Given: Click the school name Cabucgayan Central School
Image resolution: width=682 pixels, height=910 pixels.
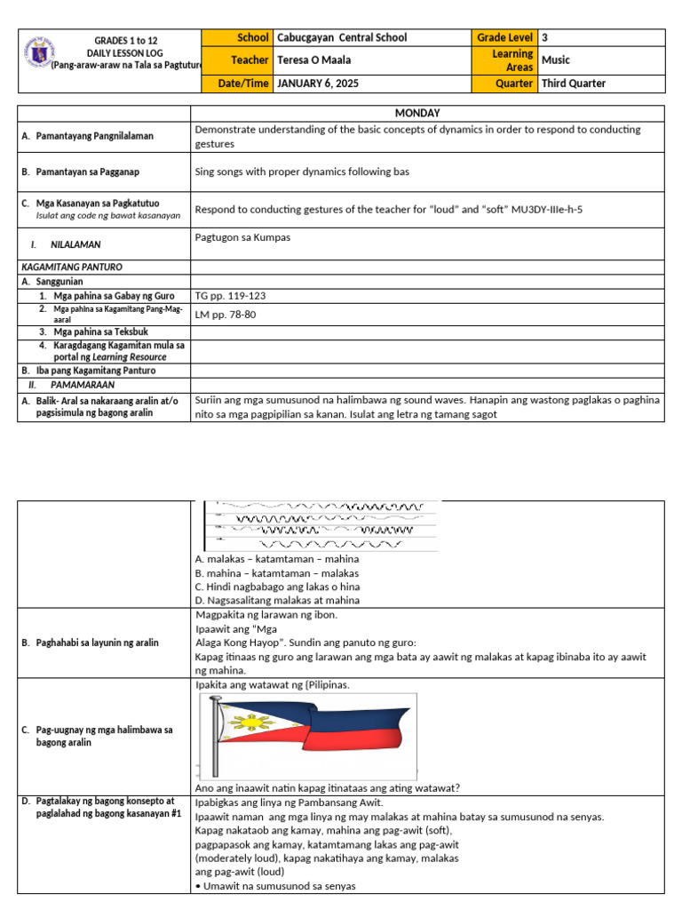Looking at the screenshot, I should tap(342, 37).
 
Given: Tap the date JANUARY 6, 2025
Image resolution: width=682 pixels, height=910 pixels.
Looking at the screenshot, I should tap(319, 84).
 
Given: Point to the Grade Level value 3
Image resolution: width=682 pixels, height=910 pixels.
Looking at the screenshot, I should tap(544, 37).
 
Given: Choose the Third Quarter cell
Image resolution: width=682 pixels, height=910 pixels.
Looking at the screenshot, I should tap(574, 84).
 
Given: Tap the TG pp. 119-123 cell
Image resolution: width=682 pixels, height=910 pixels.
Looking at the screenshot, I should tap(230, 295).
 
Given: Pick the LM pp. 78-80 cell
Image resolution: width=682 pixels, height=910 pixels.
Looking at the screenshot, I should tap(226, 314).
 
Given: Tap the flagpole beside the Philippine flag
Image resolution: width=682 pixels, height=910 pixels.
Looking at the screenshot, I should tap(214, 738).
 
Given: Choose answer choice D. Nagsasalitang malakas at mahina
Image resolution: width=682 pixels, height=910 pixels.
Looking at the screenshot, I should tap(276, 601).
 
